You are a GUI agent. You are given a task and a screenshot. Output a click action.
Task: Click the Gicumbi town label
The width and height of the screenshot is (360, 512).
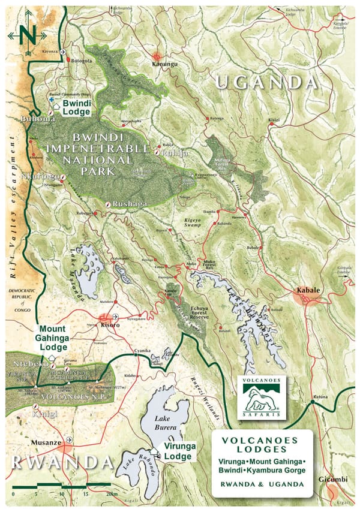[x=335, y=480]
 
